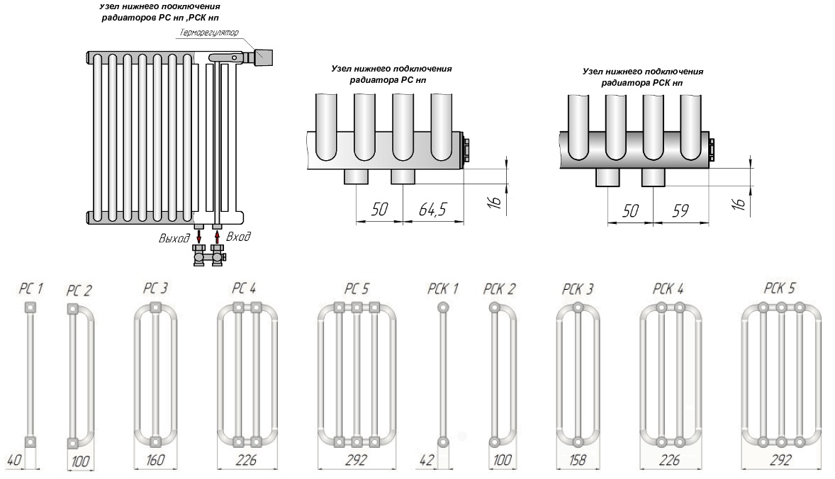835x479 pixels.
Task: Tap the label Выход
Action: [175, 239]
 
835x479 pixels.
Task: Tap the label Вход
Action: [237, 237]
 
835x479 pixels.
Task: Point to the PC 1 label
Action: [30, 289]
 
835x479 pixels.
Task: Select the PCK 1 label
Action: [442, 288]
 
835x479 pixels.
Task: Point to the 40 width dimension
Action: [13, 461]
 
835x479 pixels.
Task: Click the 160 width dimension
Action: [155, 461]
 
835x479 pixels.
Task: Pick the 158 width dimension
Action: [578, 461]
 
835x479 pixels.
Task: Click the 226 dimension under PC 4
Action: [246, 461]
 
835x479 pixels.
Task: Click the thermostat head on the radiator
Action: [264, 57]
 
